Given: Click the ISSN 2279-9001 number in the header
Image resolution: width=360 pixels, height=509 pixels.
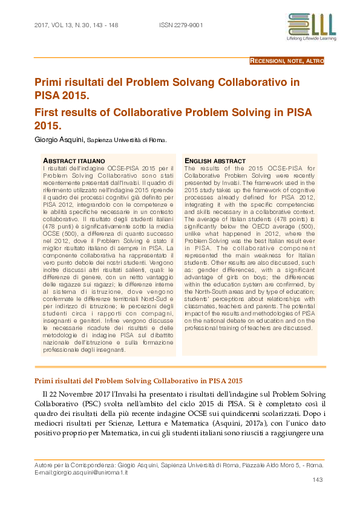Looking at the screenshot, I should [x=180, y=25].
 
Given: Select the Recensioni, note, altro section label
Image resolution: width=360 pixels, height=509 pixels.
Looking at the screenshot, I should [x=287, y=61].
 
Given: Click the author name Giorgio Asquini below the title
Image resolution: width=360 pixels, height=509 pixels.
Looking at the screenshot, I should [x=60, y=140].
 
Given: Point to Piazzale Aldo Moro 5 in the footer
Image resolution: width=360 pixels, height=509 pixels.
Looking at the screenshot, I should [x=264, y=465].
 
